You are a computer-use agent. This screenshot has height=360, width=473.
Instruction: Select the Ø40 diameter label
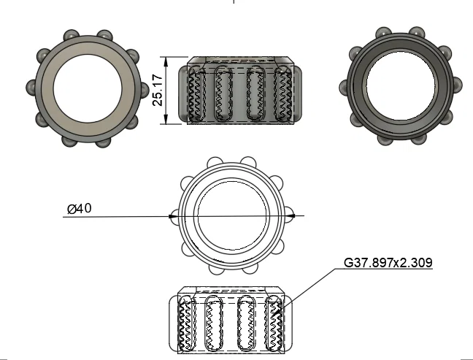(79, 209)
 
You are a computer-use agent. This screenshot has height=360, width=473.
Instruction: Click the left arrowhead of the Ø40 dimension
(173, 216)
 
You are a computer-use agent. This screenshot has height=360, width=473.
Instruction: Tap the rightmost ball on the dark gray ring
(450, 89)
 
